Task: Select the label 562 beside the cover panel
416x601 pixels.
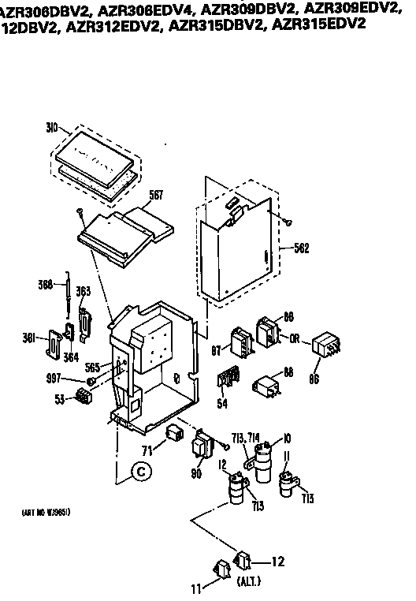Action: point(299,247)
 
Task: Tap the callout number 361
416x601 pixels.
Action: point(30,339)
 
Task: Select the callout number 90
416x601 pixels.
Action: point(195,473)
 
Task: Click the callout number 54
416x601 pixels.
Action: point(222,403)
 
